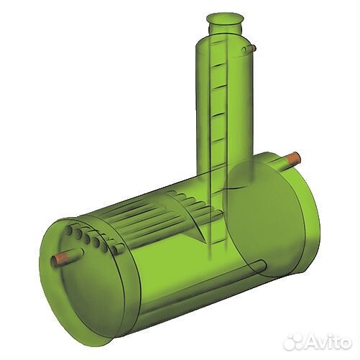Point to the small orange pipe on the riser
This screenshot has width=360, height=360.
pyautogui.click(x=254, y=48)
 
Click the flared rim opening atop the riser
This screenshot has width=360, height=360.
pyautogui.click(x=225, y=19)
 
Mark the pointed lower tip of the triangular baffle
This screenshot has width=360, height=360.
pyautogui.click(x=206, y=244)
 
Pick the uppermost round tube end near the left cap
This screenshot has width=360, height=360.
pyautogui.click(x=69, y=229)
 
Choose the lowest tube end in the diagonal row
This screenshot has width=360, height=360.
pyautogui.click(x=114, y=251)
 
